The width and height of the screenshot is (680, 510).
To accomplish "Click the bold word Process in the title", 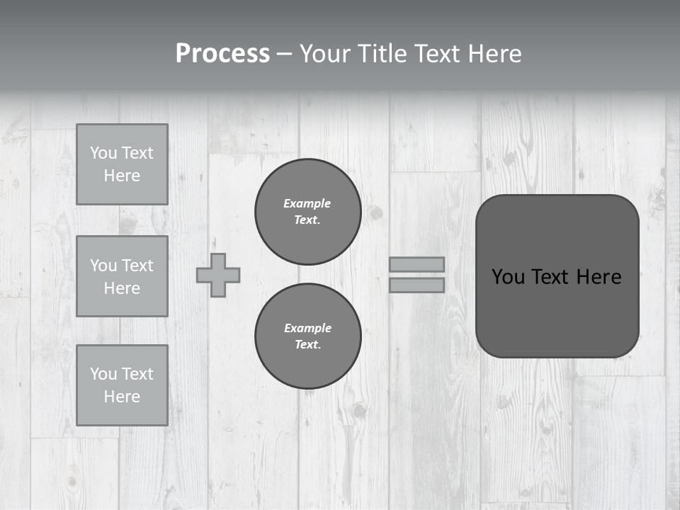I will pyautogui.click(x=222, y=54).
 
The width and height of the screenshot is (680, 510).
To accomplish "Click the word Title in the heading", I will pyautogui.click(x=383, y=54).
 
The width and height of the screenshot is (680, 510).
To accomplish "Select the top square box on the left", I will pyautogui.click(x=122, y=164).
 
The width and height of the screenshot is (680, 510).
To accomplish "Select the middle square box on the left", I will pyautogui.click(x=122, y=276).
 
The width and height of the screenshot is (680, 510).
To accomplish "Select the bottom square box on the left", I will pyautogui.click(x=122, y=385).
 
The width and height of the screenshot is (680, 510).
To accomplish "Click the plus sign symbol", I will pyautogui.click(x=218, y=275).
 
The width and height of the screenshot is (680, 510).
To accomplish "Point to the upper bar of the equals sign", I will pyautogui.click(x=416, y=264).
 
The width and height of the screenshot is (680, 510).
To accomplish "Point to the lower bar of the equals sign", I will pyautogui.click(x=416, y=285).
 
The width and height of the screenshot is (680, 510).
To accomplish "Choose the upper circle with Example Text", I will pyautogui.click(x=307, y=211).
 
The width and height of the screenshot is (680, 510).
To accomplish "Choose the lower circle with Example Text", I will pyautogui.click(x=307, y=336).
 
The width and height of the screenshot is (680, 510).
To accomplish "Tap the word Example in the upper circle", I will pyautogui.click(x=307, y=203).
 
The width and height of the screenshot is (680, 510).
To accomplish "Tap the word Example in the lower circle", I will pyautogui.click(x=307, y=328).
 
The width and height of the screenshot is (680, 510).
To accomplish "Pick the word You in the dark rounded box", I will pyautogui.click(x=508, y=277).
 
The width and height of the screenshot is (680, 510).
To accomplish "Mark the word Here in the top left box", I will pyautogui.click(x=122, y=176).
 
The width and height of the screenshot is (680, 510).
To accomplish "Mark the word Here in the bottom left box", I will pyautogui.click(x=122, y=397).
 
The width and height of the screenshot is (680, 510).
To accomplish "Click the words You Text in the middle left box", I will pyautogui.click(x=122, y=266).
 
